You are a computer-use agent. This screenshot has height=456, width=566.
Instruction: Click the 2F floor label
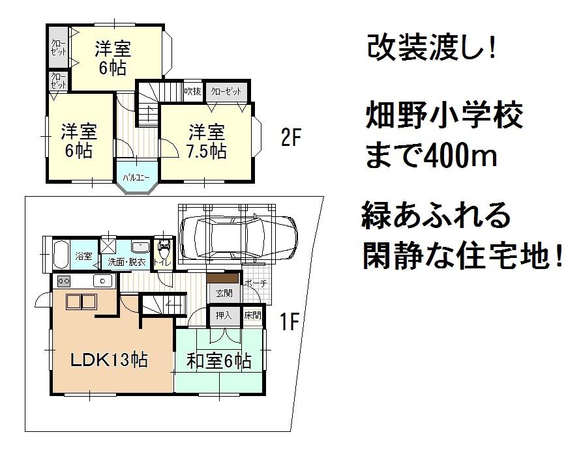click(x=291, y=139)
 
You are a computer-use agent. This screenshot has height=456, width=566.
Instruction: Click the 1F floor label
click(x=290, y=322)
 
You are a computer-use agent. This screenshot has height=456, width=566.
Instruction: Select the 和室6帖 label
click(x=219, y=360)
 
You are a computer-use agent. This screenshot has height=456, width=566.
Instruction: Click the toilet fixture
click(x=163, y=251)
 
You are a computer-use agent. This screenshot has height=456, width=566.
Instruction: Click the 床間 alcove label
click(x=252, y=315)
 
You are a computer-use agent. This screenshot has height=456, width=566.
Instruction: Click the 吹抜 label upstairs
click(x=192, y=92)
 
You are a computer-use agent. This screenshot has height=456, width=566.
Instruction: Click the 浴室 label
click(x=84, y=255)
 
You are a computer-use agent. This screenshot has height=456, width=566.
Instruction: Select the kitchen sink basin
click(x=102, y=281)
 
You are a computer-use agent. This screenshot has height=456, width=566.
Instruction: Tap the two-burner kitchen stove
click(x=65, y=281)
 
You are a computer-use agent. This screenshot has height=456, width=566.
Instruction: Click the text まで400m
click(x=431, y=156)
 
